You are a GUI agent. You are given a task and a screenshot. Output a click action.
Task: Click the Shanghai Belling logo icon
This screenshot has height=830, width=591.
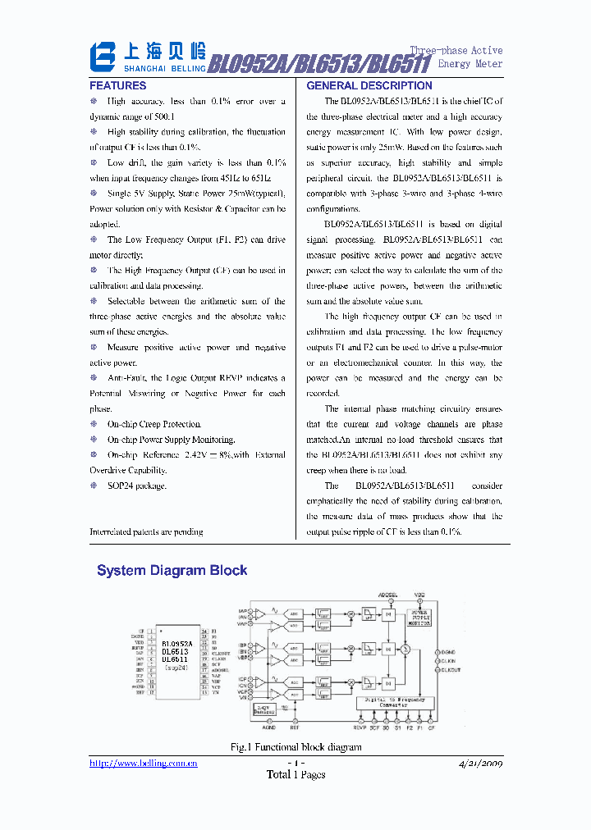tap(104, 57)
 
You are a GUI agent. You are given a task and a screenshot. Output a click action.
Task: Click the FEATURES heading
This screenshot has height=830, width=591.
tap(118, 85)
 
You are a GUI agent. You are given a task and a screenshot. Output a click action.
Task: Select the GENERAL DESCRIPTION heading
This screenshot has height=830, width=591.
tap(369, 85)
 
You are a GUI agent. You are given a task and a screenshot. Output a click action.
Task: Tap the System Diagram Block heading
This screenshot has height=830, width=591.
tap(172, 570)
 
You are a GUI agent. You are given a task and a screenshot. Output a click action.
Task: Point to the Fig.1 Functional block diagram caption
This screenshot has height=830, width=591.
tap(295, 747)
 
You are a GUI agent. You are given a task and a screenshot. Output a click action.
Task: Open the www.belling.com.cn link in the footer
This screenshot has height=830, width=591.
tap(144, 763)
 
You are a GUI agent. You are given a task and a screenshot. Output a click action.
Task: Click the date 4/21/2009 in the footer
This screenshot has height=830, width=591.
tap(479, 763)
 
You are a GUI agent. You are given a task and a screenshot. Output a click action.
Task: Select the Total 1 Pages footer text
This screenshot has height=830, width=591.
tap(295, 774)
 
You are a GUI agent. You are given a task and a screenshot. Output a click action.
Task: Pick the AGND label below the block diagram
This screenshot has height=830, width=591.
tap(269, 727)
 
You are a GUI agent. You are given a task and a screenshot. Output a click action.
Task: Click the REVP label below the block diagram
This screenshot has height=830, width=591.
tap(360, 727)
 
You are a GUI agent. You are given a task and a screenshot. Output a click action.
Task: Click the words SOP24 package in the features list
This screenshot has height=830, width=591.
tap(136, 486)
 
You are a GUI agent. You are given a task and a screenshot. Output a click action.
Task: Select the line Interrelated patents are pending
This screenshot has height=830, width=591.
tap(146, 531)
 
